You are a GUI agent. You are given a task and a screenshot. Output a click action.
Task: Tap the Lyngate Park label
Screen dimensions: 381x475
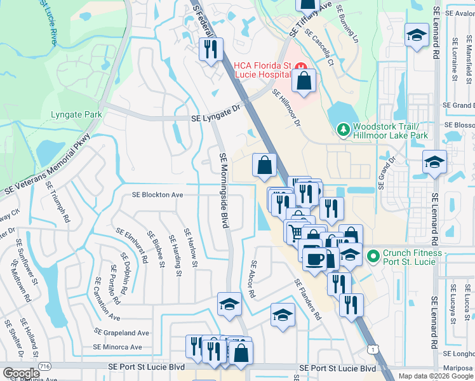pos(76,115)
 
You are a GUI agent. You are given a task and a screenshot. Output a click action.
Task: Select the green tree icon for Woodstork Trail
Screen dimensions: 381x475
pos(344,130)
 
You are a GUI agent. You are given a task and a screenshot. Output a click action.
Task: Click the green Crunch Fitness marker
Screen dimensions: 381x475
pos(373,256)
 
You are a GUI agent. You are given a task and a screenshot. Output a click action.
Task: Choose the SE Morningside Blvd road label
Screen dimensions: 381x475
pos(223,190)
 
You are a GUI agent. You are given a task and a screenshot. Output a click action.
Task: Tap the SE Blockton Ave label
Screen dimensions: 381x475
pos(157,195)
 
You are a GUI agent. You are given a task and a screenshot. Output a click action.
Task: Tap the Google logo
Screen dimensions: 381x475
pos(21,373)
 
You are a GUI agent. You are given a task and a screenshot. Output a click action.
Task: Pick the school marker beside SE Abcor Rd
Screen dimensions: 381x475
pos(283,314)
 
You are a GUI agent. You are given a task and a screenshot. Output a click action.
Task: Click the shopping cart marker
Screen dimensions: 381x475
pos(295,231)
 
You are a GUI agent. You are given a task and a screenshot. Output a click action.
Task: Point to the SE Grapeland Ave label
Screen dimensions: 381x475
pos(122,332)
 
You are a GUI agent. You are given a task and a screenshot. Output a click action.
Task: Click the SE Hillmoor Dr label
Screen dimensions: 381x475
pos(286,108)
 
